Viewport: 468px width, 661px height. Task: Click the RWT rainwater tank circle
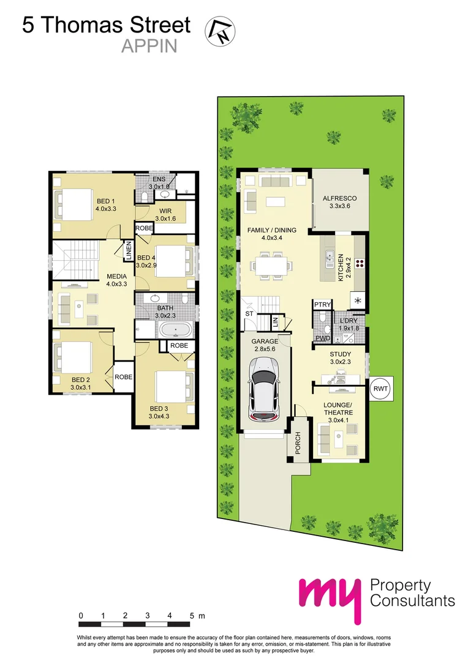click(x=381, y=387)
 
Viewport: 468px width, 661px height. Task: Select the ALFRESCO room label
click(x=339, y=199)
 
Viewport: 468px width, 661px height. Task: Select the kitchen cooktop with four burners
click(x=360, y=265)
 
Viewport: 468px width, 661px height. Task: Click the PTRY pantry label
click(x=322, y=304)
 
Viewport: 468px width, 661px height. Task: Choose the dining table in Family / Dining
click(x=270, y=266)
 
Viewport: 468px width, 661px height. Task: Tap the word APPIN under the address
click(x=149, y=47)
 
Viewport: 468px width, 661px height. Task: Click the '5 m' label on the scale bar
click(x=196, y=615)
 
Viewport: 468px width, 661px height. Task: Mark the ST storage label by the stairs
click(x=249, y=313)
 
